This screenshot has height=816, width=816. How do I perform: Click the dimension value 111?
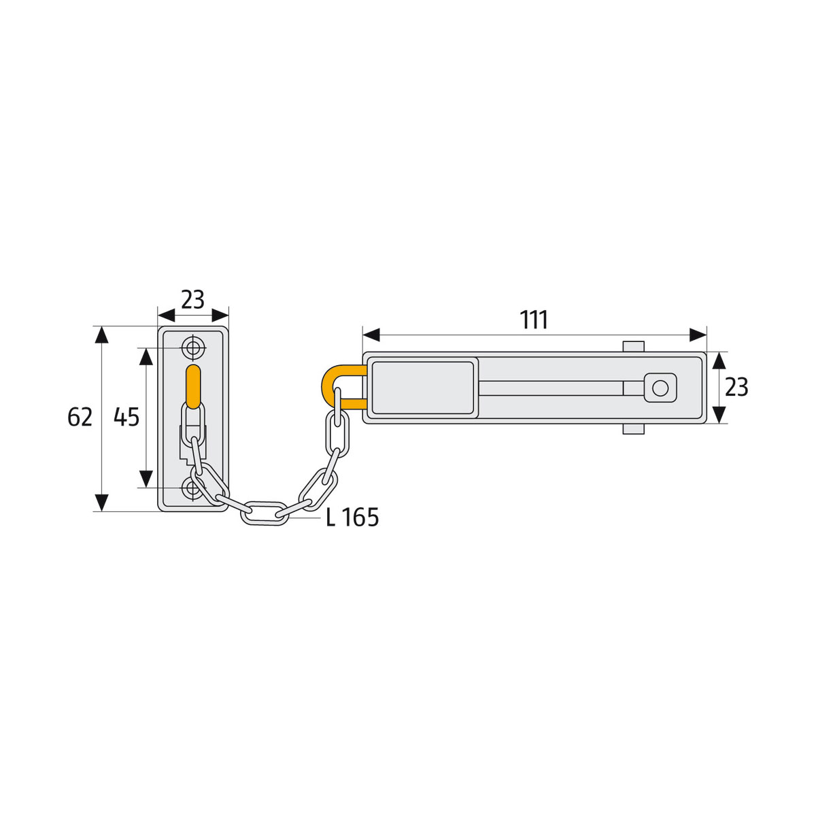pyautogui.click(x=534, y=320)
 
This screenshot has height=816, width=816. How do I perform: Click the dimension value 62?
pyautogui.click(x=80, y=417)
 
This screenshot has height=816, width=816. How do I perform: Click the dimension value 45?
pyautogui.click(x=126, y=417)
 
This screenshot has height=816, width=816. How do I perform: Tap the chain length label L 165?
pyautogui.click(x=352, y=517)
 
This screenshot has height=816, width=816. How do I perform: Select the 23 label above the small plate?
pyautogui.click(x=192, y=299)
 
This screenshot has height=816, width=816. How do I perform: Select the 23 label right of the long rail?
pyautogui.click(x=736, y=388)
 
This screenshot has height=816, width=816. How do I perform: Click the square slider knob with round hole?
pyautogui.click(x=660, y=388)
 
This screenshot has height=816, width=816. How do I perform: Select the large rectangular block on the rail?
pyautogui.click(x=423, y=388)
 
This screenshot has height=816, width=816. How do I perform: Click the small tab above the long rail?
pyautogui.click(x=632, y=346)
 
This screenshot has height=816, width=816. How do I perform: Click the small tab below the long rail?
pyautogui.click(x=632, y=430)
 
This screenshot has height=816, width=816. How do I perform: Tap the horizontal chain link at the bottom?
pyautogui.click(x=265, y=513)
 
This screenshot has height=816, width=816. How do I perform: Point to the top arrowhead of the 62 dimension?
pyautogui.click(x=101, y=335)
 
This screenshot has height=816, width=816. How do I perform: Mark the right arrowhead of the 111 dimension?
pyautogui.click(x=698, y=335)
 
